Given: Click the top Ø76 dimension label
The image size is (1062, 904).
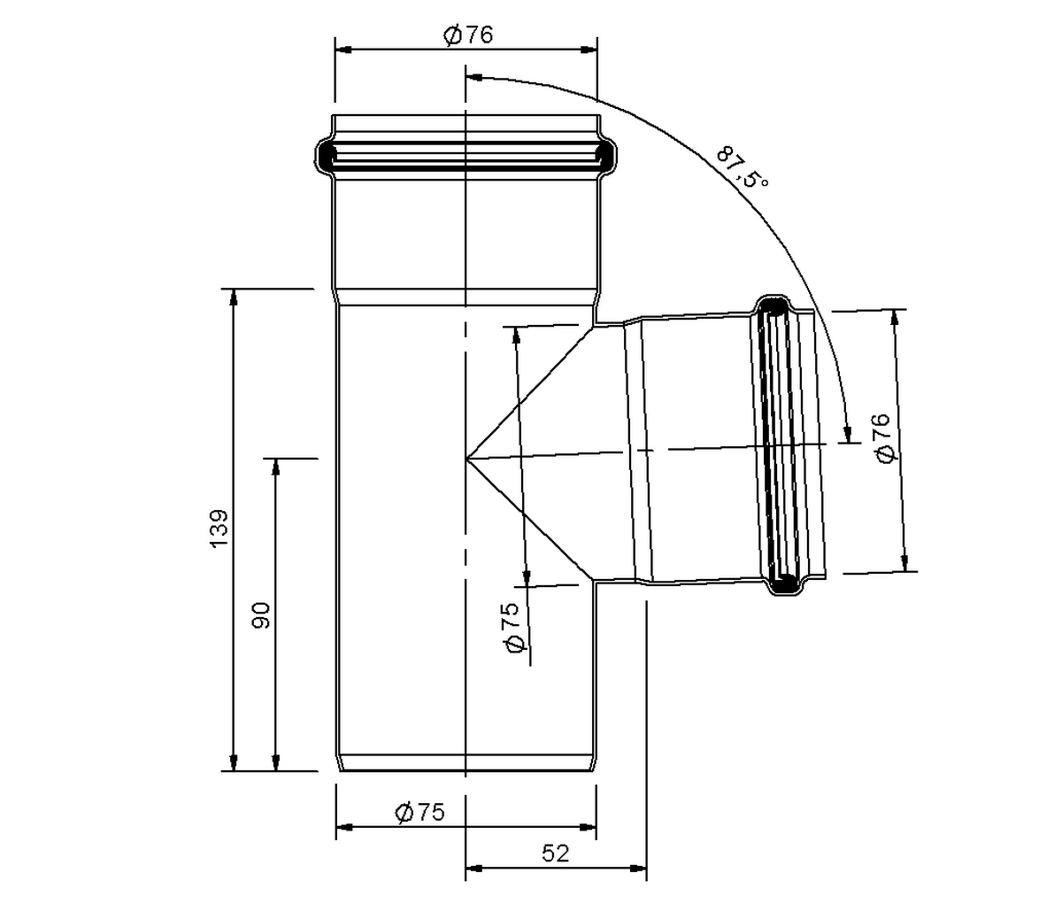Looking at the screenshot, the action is [468, 35].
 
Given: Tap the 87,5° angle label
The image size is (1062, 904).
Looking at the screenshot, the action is [743, 168].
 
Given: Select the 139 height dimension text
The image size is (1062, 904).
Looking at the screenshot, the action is [219, 529].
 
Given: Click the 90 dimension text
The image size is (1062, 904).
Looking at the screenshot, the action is [261, 615].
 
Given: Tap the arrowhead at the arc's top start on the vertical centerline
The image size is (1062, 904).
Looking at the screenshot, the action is [473, 77].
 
